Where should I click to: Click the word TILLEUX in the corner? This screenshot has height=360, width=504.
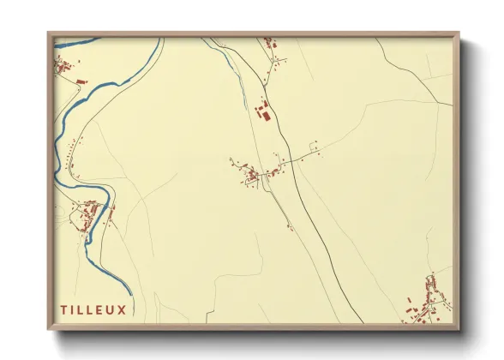[93, 309]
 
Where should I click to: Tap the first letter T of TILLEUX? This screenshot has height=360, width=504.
[63, 309]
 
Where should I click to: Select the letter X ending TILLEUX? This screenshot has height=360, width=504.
[122, 309]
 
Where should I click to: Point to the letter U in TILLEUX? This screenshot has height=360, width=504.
[111, 309]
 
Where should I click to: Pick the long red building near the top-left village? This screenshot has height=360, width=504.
[81, 81]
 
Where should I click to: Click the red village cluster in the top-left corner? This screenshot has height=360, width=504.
[63, 66]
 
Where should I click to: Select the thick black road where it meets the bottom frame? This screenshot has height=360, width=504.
[364, 322]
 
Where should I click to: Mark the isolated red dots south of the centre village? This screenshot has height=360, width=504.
[289, 226]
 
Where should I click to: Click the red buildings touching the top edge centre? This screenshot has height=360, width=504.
[268, 41]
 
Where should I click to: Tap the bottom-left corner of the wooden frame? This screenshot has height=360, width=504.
[49, 329]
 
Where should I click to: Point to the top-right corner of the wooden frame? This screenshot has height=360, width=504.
[458, 34]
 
